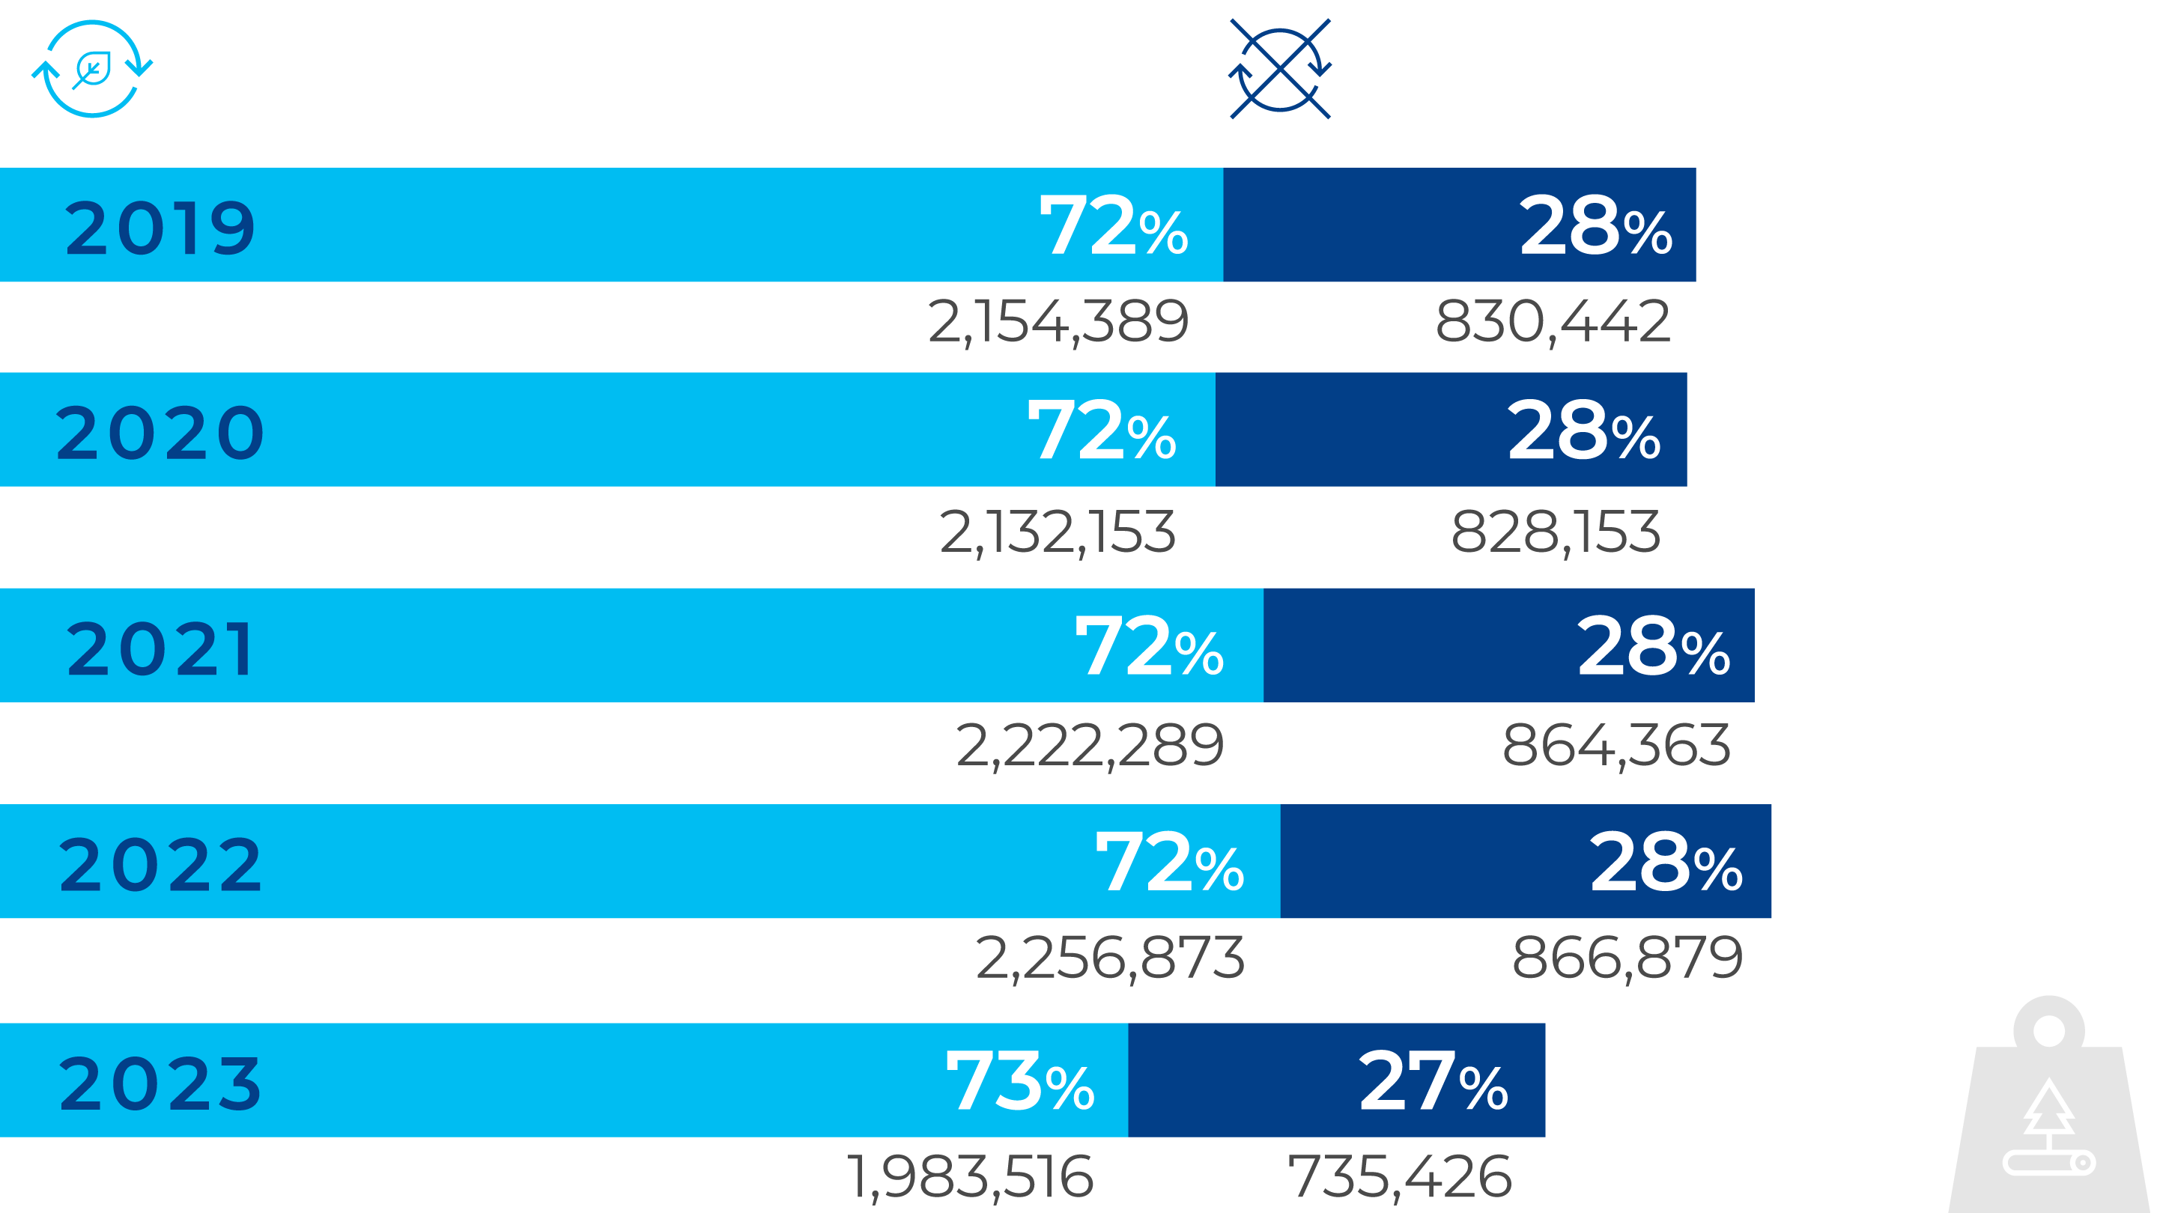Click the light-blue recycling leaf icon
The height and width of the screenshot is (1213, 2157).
click(92, 69)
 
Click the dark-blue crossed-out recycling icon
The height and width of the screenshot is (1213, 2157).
click(1280, 69)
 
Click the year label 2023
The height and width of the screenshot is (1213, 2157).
click(160, 1083)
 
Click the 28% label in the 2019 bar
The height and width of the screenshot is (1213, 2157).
click(1595, 225)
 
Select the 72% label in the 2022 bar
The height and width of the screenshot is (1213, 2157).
click(1169, 863)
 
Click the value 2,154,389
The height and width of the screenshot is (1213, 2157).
click(1058, 321)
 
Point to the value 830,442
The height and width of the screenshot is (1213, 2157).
click(1553, 321)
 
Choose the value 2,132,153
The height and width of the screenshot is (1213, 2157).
click(1057, 532)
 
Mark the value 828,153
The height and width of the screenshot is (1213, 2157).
click(1555, 532)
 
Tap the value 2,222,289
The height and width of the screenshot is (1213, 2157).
click(1090, 746)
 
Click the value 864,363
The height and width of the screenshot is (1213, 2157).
click(1616, 746)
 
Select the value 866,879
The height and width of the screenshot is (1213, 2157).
click(1627, 958)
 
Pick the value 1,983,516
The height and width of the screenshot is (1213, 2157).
click(970, 1177)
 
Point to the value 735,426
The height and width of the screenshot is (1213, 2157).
click(1399, 1177)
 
